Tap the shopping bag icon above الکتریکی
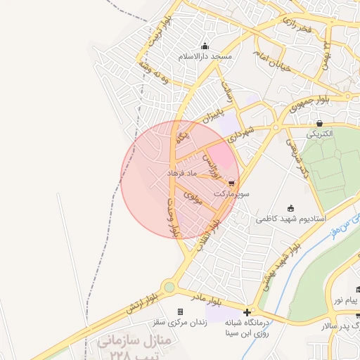[x=321, y=123]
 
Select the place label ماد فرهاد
[x=184, y=172]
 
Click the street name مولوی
[x=193, y=198]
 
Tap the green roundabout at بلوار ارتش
[x=169, y=287]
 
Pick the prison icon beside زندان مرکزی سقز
[x=180, y=311]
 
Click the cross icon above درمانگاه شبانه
[x=247, y=311]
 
